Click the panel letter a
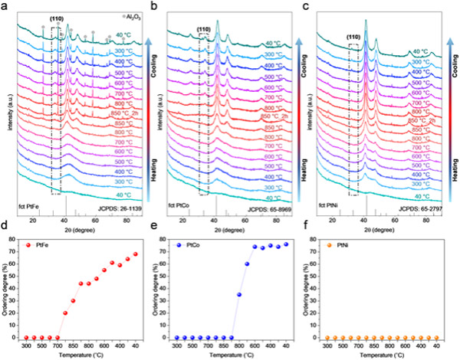click(8, 7)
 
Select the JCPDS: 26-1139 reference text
click(118, 207)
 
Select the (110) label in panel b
click(203, 31)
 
